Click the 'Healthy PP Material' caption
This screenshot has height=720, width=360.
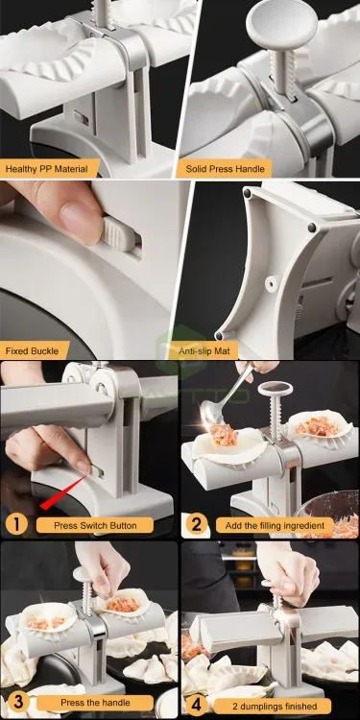coord(46,169)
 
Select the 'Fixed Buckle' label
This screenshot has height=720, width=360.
coord(33,350)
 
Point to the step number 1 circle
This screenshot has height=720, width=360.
coord(15,525)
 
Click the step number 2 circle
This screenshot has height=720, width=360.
coord(196,525)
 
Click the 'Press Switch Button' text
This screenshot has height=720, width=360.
coord(96,525)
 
